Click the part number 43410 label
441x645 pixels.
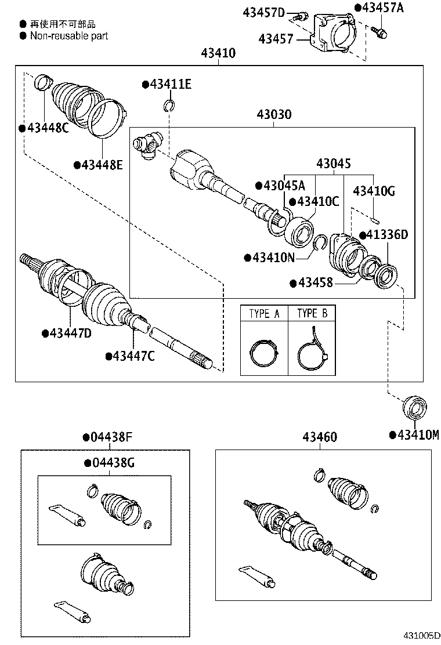(218, 53)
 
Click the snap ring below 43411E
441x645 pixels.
(169, 105)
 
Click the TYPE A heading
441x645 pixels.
(264, 314)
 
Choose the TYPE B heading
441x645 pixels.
(312, 314)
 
